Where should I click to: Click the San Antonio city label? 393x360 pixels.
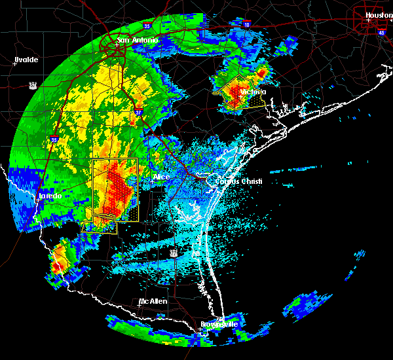tap(138, 40)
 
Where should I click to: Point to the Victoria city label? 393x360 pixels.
tap(253, 92)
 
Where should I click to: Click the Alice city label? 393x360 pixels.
tap(161, 177)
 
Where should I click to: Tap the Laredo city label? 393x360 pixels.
tap(50, 196)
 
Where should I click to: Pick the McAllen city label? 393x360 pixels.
tap(153, 302)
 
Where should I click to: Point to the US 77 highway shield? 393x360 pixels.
tap(174, 252)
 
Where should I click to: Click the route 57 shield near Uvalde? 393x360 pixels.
tap(33, 84)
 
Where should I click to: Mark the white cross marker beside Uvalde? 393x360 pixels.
tap(15, 63)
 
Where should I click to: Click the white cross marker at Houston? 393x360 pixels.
tap(368, 20)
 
